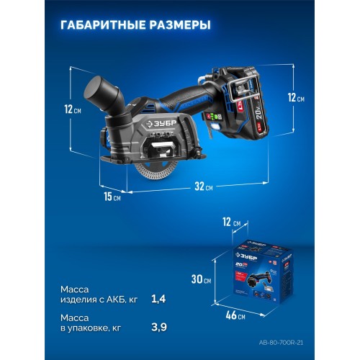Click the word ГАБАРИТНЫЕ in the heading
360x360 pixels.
pos(103,25)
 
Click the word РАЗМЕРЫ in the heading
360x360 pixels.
pos(180,25)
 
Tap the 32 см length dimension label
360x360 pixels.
pos(204,186)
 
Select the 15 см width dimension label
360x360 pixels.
pos(112,197)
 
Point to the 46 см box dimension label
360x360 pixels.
pos(235,315)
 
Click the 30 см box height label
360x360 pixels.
pos(201,279)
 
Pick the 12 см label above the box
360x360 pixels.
pos(231,222)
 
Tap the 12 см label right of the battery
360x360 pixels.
pos(296,98)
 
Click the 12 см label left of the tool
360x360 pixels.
pos(73,109)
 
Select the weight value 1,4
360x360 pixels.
pos(158,299)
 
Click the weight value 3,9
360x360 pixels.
pos(159,328)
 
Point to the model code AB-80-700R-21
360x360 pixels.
pos(281,343)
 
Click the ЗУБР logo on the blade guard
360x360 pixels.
pos(161,124)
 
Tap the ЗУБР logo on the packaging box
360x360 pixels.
pos(246,256)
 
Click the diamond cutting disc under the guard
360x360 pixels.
pos(156,171)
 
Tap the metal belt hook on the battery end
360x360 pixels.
pos(238,89)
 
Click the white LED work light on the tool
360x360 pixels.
pos(215,126)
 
